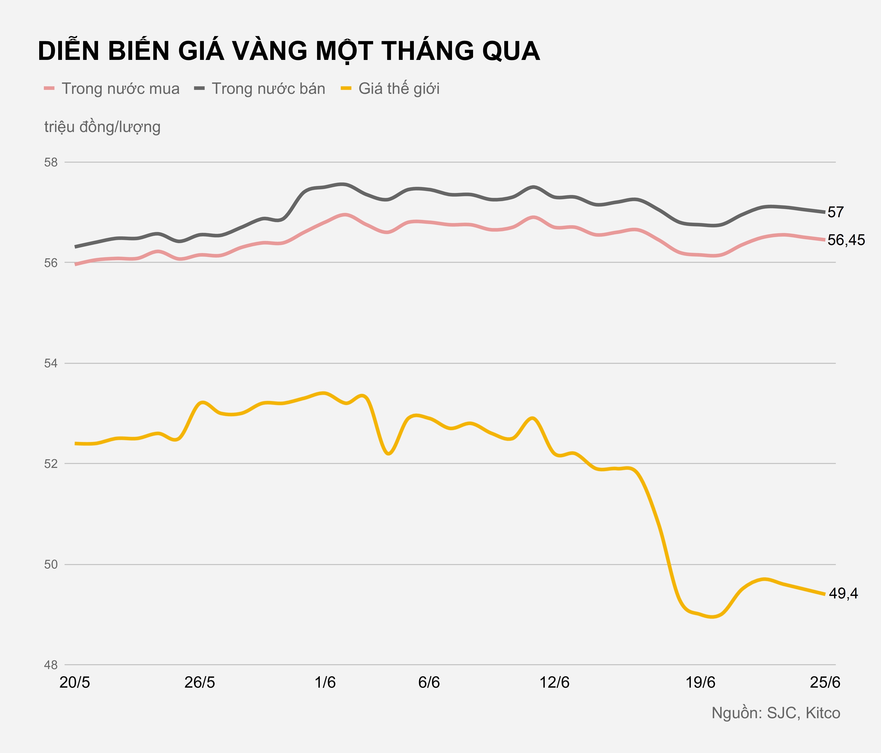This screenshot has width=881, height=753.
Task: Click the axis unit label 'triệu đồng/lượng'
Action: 102,127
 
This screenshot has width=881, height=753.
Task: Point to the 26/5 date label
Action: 199,683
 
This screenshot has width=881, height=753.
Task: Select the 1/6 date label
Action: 325,683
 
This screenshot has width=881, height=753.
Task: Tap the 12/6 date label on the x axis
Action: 554,683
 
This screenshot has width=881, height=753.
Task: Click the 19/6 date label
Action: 700,683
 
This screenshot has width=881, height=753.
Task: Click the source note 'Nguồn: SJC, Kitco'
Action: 776,713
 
